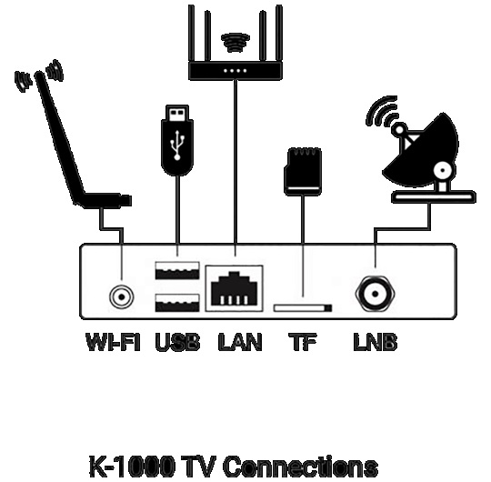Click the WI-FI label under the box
pyautogui.click(x=113, y=341)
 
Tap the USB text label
pyautogui.click(x=177, y=341)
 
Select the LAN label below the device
pyautogui.click(x=240, y=341)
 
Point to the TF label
pyautogui.click(x=303, y=341)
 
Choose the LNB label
pyautogui.click(x=376, y=341)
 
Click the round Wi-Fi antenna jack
pyautogui.click(x=122, y=296)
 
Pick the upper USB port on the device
pyautogui.click(x=177, y=270)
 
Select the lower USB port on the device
pyautogui.click(x=177, y=303)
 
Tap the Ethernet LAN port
pyautogui.click(x=235, y=288)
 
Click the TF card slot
pyautogui.click(x=303, y=308)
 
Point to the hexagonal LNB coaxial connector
pyautogui.click(x=376, y=294)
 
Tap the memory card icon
pyautogui.click(x=303, y=172)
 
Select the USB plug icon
pyautogui.click(x=177, y=140)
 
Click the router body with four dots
pyautogui.click(x=235, y=71)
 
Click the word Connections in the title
pyautogui.click(x=301, y=467)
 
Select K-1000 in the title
pyautogui.click(x=132, y=467)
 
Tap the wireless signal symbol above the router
pyautogui.click(x=235, y=42)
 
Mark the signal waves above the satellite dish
pyautogui.click(x=383, y=111)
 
